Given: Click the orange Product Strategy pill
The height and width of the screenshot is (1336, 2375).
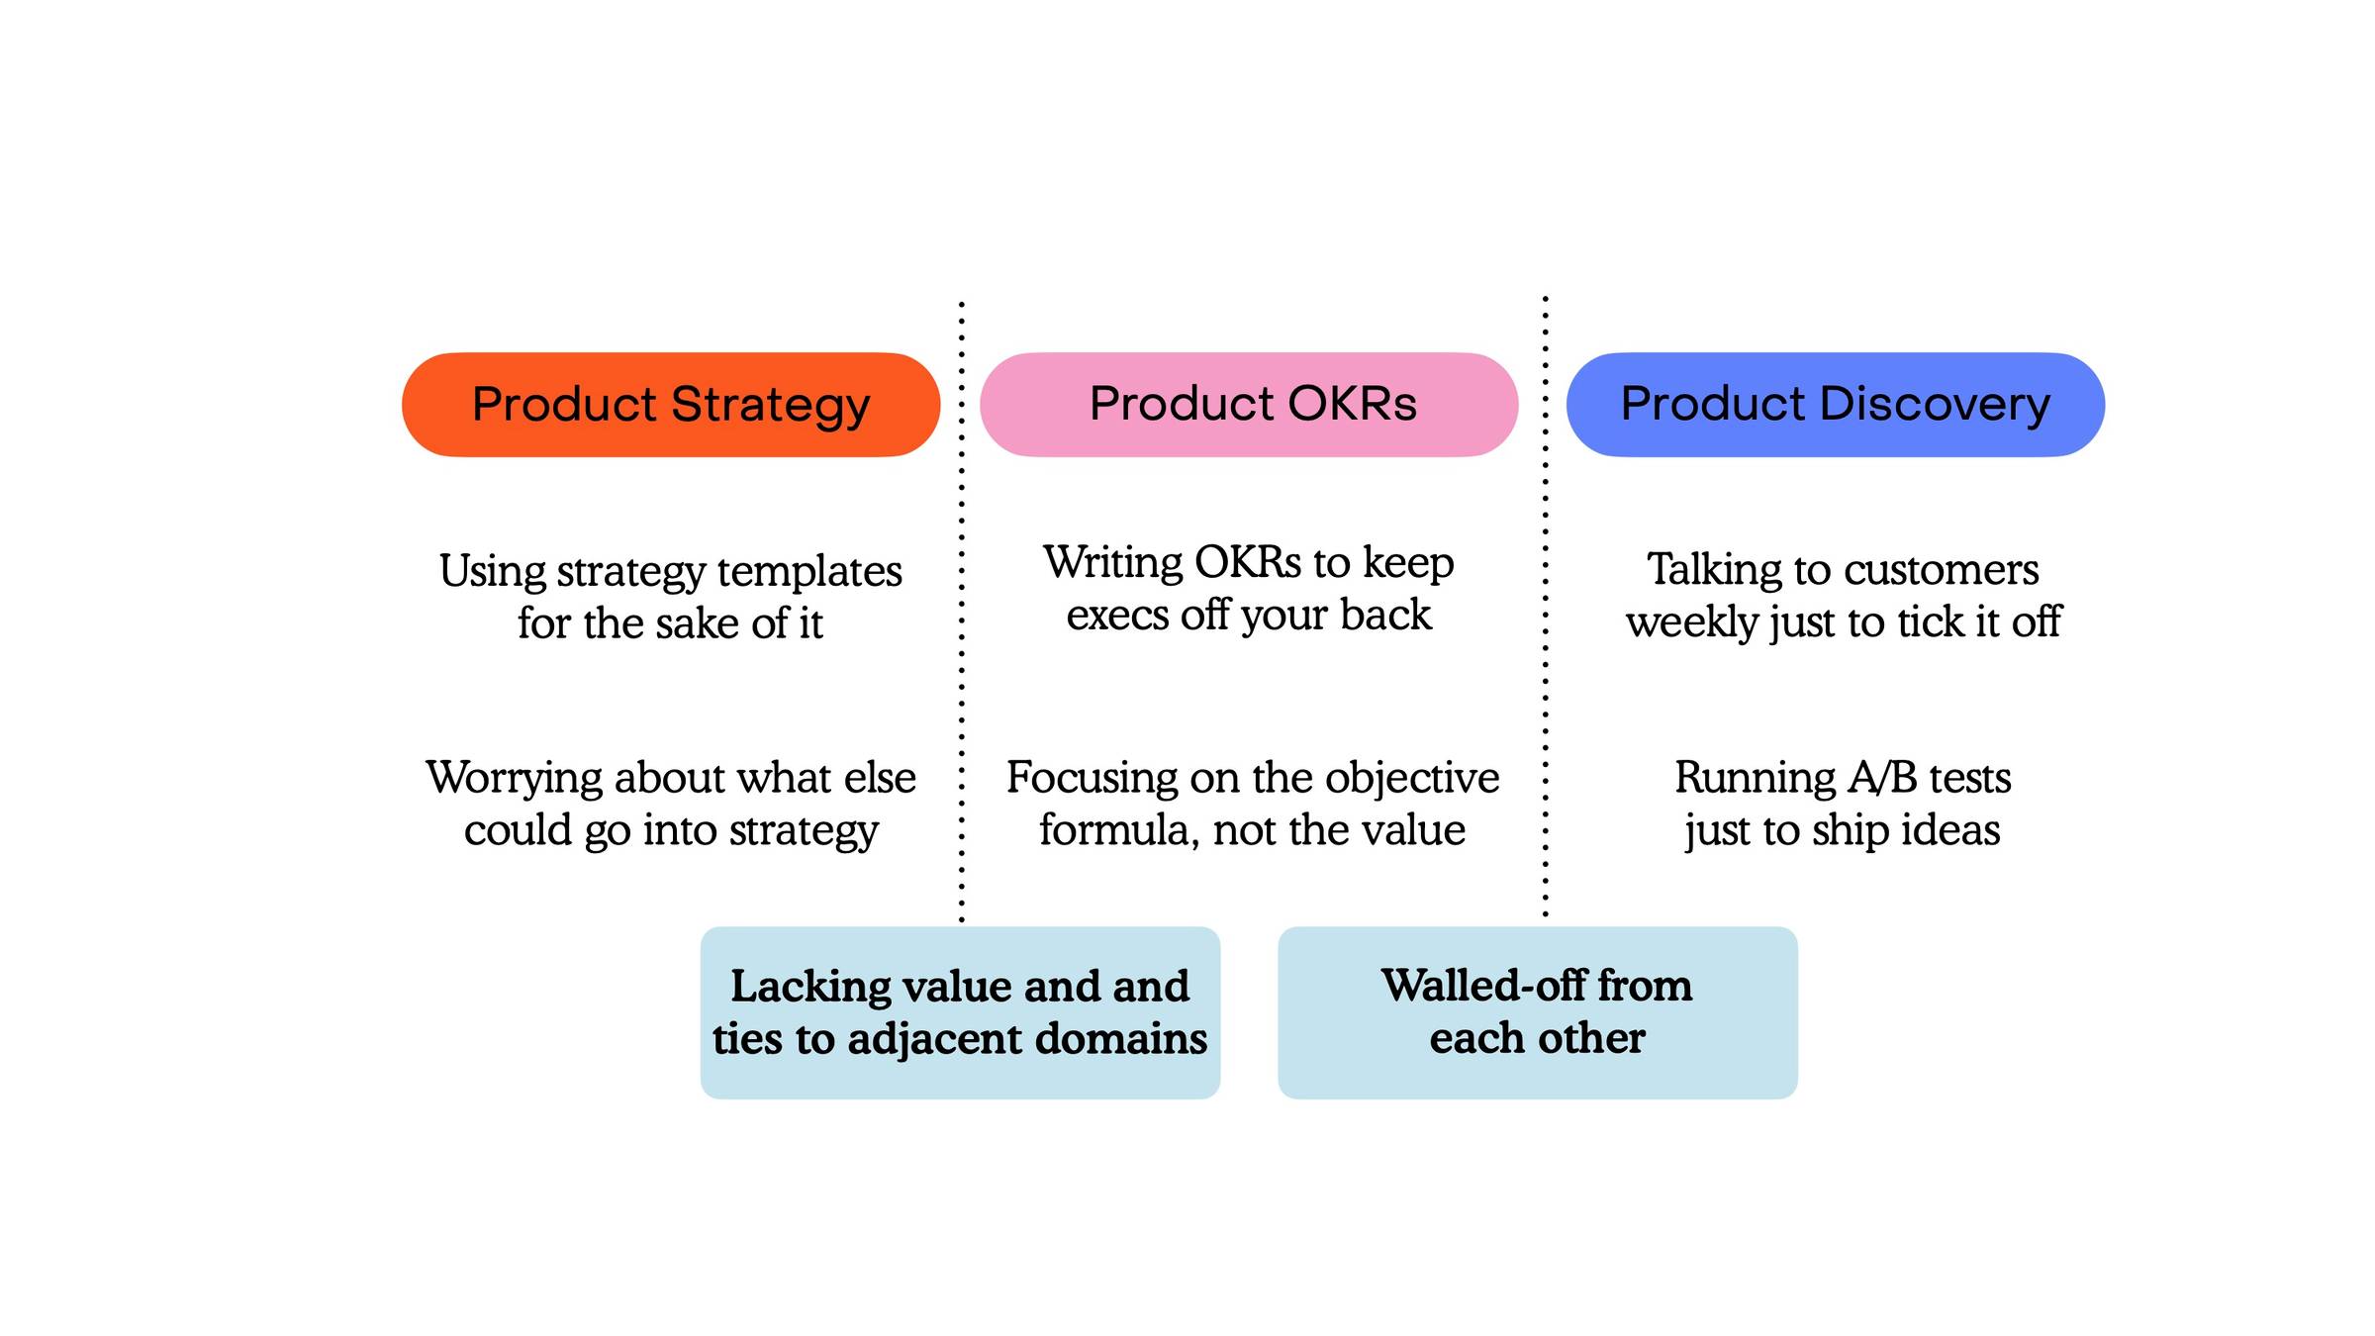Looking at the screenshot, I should click(x=670, y=404).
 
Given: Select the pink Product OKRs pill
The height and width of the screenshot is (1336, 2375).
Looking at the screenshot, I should click(x=1248, y=404).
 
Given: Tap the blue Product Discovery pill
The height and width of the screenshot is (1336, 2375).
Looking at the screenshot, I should click(x=1835, y=404).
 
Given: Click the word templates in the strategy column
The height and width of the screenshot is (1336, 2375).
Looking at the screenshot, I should click(x=809, y=571).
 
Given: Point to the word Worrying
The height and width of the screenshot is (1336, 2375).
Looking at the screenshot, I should click(x=515, y=779).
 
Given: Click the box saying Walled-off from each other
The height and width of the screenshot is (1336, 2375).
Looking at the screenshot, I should click(x=1537, y=1011).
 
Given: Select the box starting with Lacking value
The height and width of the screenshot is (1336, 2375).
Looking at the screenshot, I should click(x=960, y=1011).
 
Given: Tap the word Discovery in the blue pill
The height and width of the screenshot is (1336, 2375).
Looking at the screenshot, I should click(x=1935, y=404).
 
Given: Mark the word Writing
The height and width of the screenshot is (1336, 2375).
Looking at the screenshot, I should click(x=1113, y=563).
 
